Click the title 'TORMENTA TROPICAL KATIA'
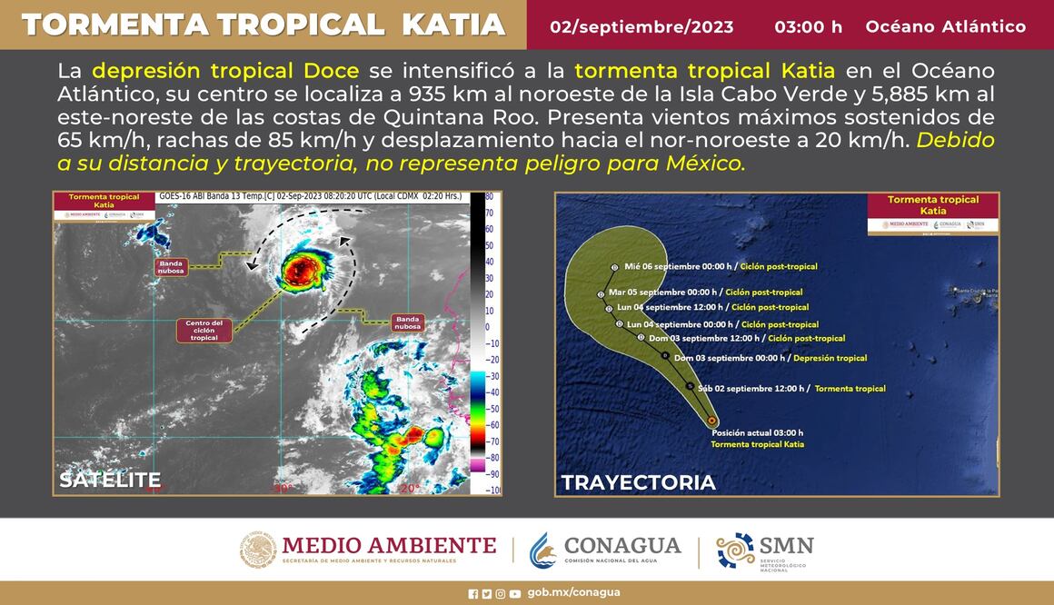(x=263, y=25)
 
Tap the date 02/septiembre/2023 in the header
(x=641, y=26)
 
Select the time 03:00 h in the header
(x=808, y=26)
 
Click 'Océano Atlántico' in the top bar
(x=945, y=26)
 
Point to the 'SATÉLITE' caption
(x=110, y=480)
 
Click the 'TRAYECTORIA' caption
(x=638, y=482)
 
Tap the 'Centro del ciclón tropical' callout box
(x=204, y=331)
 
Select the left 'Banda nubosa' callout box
(x=170, y=266)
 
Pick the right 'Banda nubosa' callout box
(x=406, y=322)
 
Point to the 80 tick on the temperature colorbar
(x=489, y=196)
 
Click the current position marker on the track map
(x=711, y=422)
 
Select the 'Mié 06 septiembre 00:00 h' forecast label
(x=681, y=267)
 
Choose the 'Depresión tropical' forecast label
(x=830, y=358)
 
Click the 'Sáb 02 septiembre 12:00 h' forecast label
(x=751, y=389)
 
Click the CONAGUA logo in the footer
(x=605, y=549)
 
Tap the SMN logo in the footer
(x=765, y=550)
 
